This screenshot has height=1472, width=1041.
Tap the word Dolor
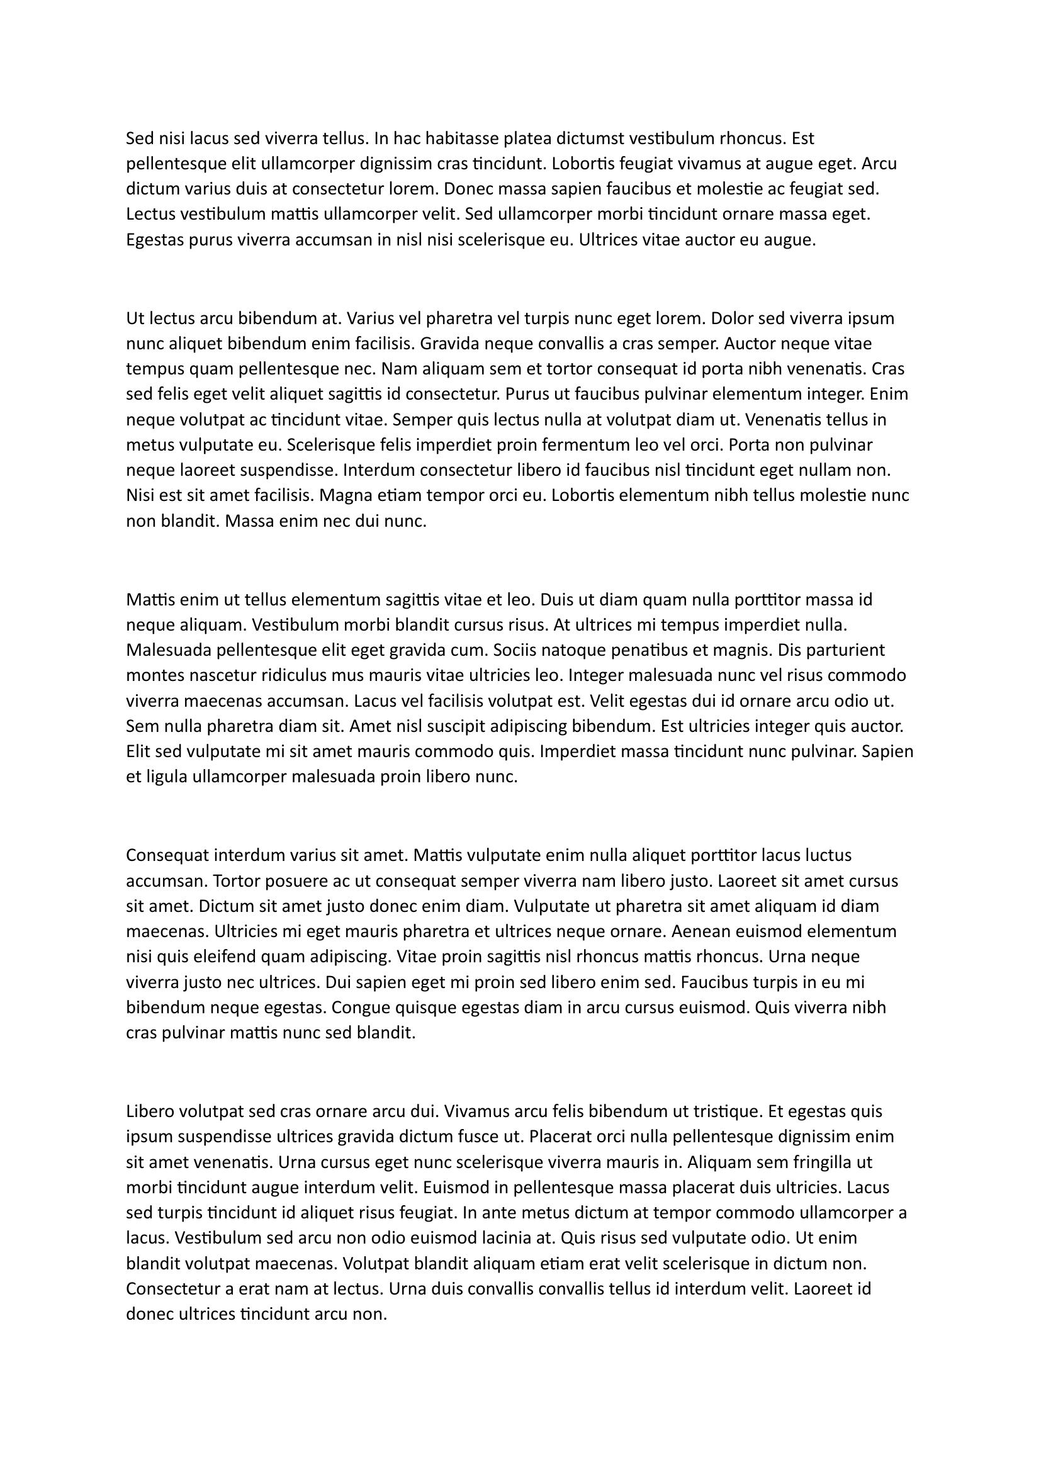click(x=731, y=318)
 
